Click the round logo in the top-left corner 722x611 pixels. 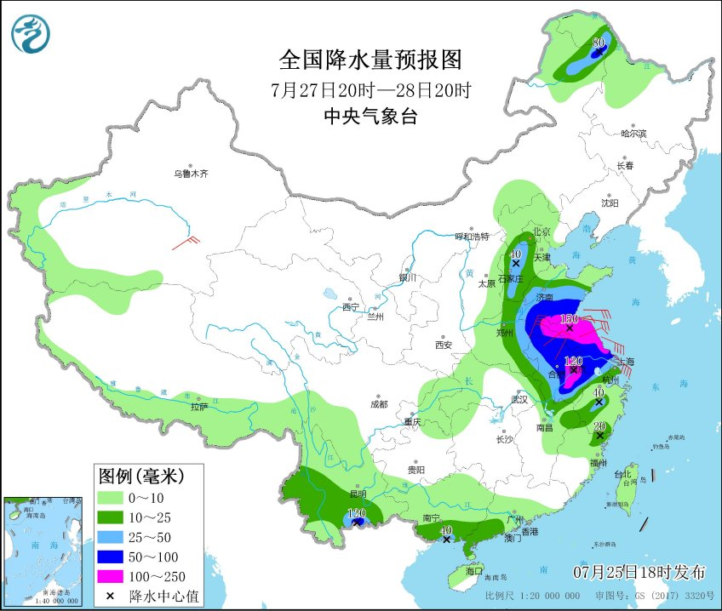point(31,34)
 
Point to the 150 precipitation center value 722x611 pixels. point(570,319)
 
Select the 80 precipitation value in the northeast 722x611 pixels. point(599,43)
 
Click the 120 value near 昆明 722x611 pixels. point(356,513)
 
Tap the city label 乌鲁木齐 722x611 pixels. point(191,174)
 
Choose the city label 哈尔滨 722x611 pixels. point(633,134)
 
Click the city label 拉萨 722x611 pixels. point(199,408)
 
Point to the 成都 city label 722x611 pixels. point(379,403)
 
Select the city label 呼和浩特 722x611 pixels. point(473,237)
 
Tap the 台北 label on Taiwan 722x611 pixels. point(627,473)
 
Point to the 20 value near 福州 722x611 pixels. point(599,426)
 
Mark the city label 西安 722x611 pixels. point(443,345)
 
